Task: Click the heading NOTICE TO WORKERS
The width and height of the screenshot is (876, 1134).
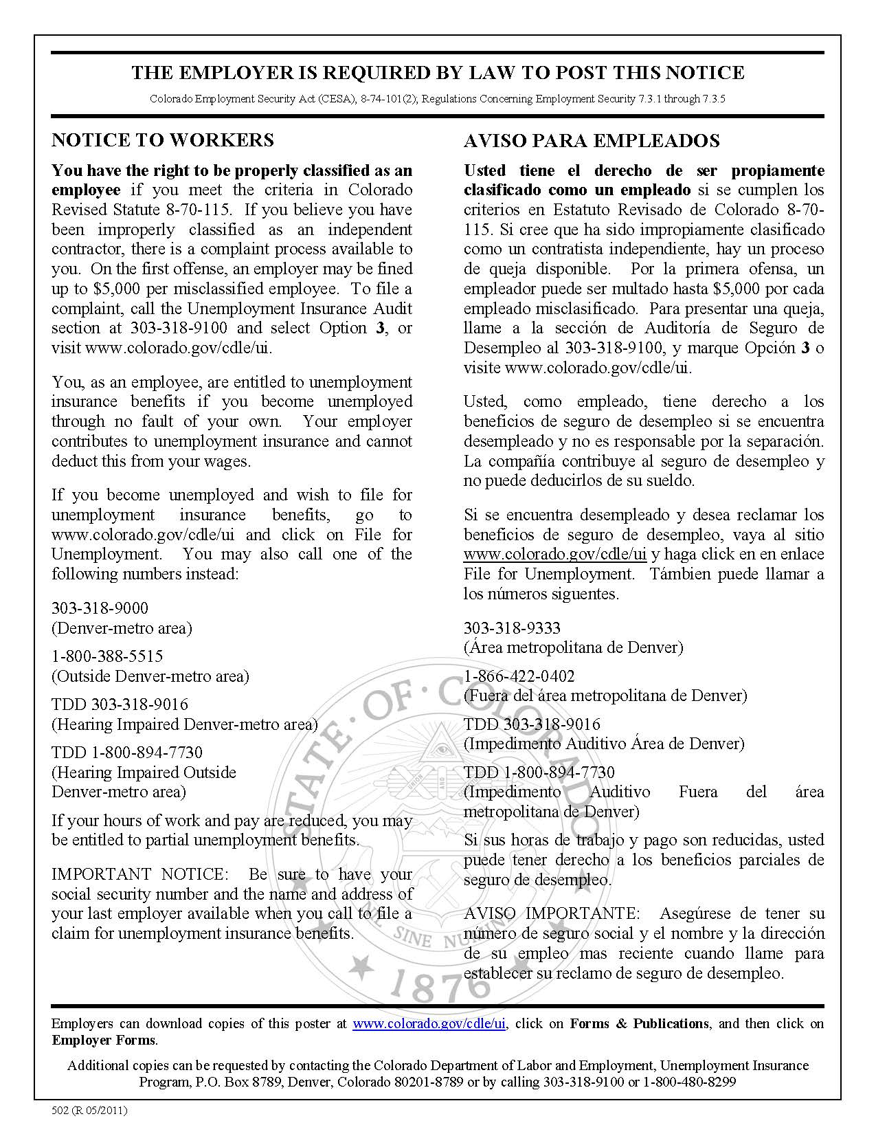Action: click(x=163, y=140)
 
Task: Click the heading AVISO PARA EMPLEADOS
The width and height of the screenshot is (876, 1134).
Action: click(x=592, y=141)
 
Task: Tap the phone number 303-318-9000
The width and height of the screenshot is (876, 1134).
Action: click(x=100, y=608)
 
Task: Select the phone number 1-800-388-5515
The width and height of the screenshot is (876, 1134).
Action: click(x=107, y=656)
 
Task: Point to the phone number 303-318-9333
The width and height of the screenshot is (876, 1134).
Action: click(x=512, y=627)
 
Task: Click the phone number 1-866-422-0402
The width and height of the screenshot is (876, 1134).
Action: click(x=519, y=676)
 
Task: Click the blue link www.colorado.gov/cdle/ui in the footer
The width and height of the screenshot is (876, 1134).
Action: click(x=429, y=1023)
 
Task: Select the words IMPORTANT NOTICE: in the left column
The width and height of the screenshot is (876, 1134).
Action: click(x=139, y=874)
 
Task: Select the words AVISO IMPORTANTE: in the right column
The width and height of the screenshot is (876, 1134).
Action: click(x=551, y=913)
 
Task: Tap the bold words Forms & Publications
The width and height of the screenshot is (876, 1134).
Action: click(x=639, y=1023)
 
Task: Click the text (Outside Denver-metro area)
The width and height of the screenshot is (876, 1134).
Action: click(x=150, y=676)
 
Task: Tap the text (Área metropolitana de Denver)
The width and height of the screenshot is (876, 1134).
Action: click(x=574, y=647)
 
